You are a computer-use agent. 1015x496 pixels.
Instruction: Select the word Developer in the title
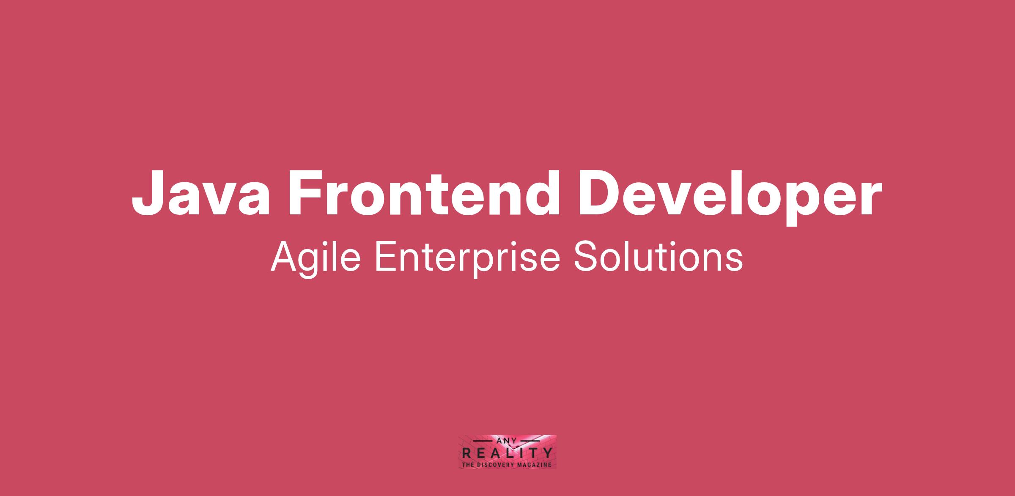coord(730,197)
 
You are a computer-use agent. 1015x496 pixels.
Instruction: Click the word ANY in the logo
coord(507,441)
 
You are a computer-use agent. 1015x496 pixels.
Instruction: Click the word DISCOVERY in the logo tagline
coord(496,465)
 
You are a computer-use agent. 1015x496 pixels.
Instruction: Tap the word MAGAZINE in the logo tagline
coord(534,465)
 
